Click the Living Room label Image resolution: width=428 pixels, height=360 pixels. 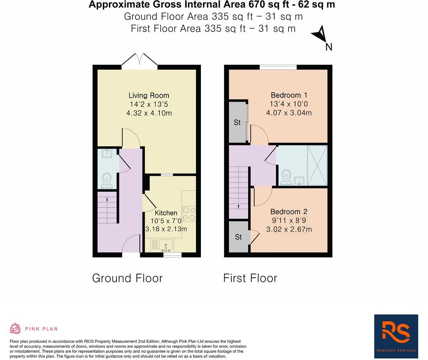pyautogui.click(x=149, y=95)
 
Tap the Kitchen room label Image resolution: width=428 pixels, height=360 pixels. pyautogui.click(x=166, y=213)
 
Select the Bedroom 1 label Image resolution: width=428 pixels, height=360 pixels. pyautogui.click(x=289, y=95)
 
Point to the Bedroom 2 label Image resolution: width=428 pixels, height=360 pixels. pyautogui.click(x=289, y=211)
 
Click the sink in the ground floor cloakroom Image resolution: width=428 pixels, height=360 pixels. pyautogui.click(x=107, y=154)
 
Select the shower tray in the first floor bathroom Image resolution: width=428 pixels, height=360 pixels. pyautogui.click(x=317, y=165)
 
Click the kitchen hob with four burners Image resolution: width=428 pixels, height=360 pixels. pyautogui.click(x=189, y=213)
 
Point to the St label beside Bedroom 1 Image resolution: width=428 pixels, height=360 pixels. pyautogui.click(x=237, y=123)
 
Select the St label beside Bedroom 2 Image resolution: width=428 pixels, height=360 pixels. pyautogui.click(x=239, y=237)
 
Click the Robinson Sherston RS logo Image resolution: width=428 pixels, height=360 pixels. pyautogui.click(x=396, y=336)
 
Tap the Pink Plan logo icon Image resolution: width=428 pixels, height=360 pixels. pyautogui.click(x=15, y=328)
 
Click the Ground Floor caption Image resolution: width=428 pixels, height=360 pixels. pyautogui.click(x=127, y=278)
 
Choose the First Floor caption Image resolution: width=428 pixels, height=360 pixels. pyautogui.click(x=250, y=278)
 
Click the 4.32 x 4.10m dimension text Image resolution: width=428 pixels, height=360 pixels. pyautogui.click(x=149, y=113)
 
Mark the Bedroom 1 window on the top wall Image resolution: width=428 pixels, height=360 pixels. pyautogui.click(x=278, y=67)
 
